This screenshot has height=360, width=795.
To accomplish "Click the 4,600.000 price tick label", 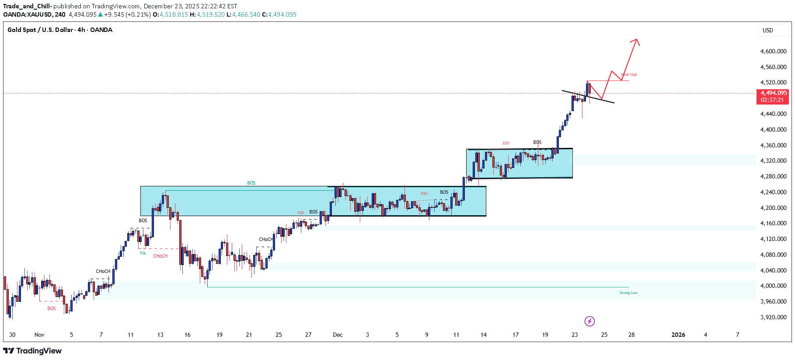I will point(773,51).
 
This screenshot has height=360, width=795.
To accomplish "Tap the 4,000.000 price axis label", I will point(773,286).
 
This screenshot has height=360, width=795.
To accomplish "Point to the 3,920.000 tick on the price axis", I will point(773,317).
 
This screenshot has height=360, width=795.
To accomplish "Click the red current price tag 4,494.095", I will point(773,93).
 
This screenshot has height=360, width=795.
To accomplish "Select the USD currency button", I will point(767,30).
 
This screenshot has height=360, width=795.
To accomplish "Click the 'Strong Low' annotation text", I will point(628,293).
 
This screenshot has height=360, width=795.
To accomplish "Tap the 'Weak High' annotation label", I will point(629,75).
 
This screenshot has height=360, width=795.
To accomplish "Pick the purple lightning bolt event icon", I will point(589,322).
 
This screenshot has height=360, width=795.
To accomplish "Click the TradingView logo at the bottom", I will point(32,351).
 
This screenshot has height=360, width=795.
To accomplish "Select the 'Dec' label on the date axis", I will point(338,335).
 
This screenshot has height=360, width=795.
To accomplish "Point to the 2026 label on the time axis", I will point(678,335).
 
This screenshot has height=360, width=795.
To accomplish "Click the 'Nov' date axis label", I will point(39,335).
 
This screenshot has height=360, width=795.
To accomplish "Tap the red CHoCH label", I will point(160,256).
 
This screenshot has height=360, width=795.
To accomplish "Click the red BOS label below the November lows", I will point(52,308).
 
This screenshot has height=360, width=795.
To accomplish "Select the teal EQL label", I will point(143,253).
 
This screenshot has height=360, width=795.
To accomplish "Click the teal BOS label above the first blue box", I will point(251,183).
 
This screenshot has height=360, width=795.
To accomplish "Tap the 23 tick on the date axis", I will point(574,335).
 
